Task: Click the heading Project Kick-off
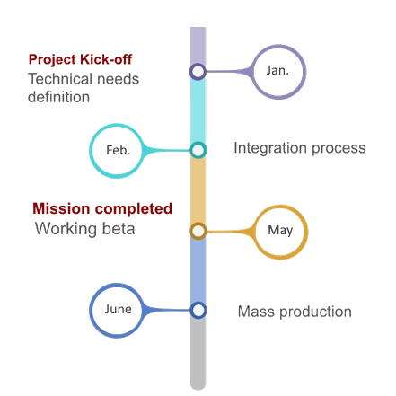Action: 80,59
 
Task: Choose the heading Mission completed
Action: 102,208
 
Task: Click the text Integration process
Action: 300,148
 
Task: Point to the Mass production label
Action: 295,312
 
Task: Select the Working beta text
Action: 84,229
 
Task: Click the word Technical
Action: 57,79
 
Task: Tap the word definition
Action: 58,97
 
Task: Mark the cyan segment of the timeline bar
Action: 198,110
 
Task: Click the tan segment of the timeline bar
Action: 198,190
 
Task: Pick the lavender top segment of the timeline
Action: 198,46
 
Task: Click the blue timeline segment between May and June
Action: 198,270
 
